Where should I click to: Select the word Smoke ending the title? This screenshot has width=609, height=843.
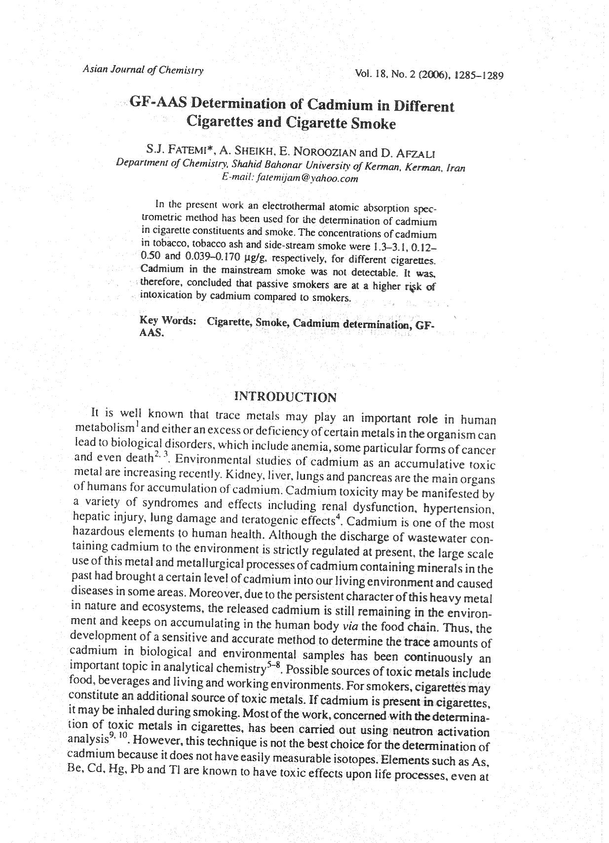(373, 123)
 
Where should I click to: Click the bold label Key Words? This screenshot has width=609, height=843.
(168, 321)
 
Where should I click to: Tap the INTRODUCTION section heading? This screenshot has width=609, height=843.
(286, 397)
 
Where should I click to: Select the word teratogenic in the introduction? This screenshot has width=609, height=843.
(267, 520)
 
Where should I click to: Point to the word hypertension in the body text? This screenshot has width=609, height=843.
(464, 509)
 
